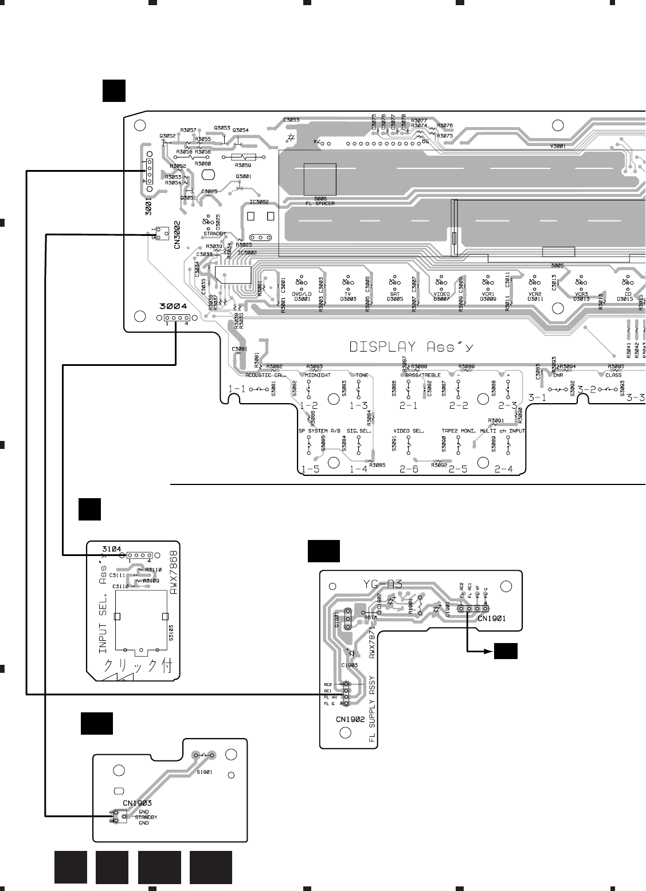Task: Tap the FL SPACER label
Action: coord(320,203)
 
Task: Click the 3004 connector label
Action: coord(169,306)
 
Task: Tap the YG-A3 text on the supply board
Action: coord(383,584)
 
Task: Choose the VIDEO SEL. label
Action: coord(408,430)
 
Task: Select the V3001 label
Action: coord(558,146)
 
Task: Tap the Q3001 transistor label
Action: coord(243,176)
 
